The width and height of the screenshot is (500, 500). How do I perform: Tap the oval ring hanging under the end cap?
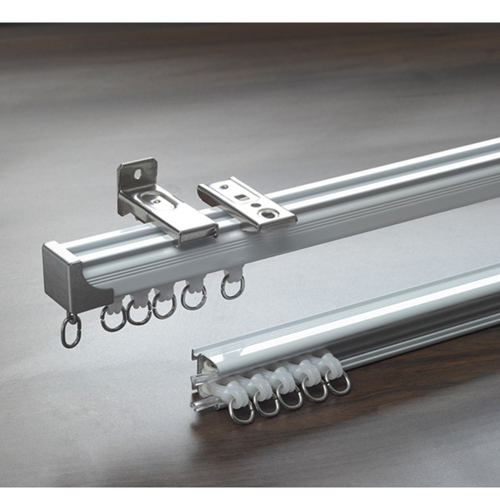click(71, 332)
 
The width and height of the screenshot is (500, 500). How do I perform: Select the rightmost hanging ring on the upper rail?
click(232, 287)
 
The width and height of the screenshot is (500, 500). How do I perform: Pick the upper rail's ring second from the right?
click(194, 296)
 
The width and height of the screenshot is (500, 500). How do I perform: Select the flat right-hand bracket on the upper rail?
click(247, 204)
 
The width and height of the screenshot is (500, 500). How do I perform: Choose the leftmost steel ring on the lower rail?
click(241, 411)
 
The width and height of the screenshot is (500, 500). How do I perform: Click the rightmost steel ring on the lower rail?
click(338, 383)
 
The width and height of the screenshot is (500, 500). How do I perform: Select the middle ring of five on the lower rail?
click(291, 397)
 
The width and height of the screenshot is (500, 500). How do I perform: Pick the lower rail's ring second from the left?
click(267, 405)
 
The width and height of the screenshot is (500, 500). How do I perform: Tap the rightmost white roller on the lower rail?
click(331, 364)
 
